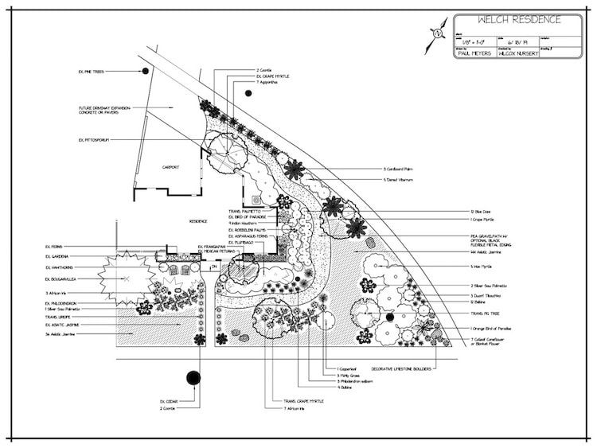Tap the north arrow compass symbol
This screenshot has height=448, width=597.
point(435,34)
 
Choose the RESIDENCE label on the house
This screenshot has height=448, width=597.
point(197,220)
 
